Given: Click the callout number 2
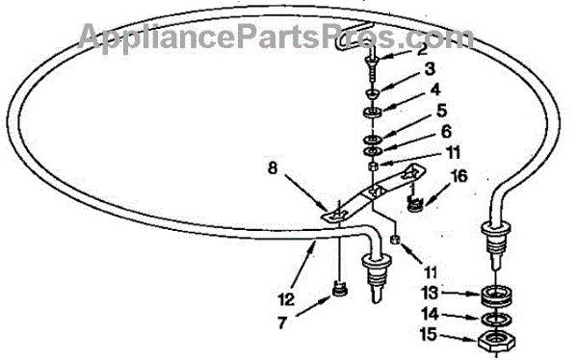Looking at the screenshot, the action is click(x=422, y=49).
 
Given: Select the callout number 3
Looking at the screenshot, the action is click(x=430, y=69).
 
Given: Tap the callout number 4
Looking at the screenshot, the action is click(x=435, y=90).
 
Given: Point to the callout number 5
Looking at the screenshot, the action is click(x=441, y=111).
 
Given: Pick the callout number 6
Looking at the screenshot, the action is click(x=446, y=132).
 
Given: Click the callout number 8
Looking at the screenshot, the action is click(x=272, y=168).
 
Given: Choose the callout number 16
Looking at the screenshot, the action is click(x=460, y=176).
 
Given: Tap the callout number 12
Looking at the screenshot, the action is click(x=286, y=298).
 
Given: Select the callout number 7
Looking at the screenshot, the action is click(x=281, y=322).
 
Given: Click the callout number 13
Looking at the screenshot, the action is click(x=431, y=294).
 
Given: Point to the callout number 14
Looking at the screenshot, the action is click(x=430, y=315).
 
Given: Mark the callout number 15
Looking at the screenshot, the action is click(x=429, y=335).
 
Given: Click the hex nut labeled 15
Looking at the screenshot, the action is click(x=496, y=340).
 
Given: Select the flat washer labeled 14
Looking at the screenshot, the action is click(x=496, y=320).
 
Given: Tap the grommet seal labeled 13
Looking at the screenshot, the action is click(x=496, y=295).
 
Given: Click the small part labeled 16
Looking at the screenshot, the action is click(x=416, y=203).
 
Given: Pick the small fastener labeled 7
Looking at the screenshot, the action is click(x=339, y=290).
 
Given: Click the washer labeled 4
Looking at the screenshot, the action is click(x=372, y=112).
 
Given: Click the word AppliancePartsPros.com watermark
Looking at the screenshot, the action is click(x=276, y=37).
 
